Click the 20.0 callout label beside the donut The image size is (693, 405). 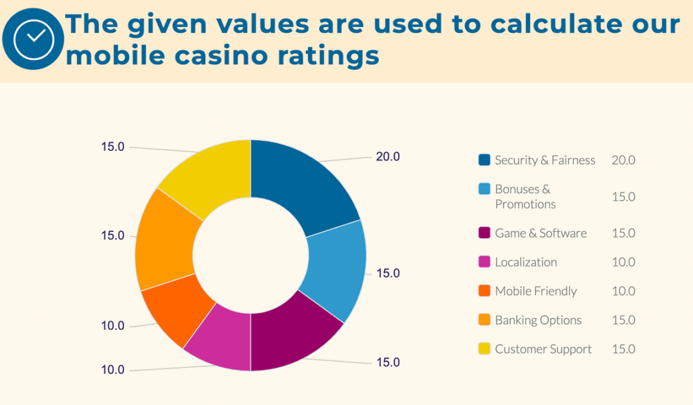tap(388, 157)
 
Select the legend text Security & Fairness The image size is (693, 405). tap(545, 160)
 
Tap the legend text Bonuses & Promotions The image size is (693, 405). tap(525, 197)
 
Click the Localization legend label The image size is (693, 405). tap(526, 262)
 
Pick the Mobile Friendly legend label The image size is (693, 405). tap(536, 291)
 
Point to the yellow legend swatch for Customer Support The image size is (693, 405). tap(484, 350)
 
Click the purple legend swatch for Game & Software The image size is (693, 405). tap(484, 233)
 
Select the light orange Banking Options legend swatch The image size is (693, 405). tap(484, 320)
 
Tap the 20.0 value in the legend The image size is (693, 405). tap(623, 160)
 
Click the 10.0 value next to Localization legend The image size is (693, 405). tap(623, 262)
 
